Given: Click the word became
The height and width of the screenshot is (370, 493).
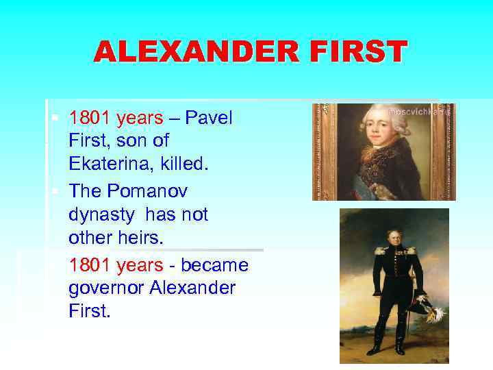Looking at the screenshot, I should (x=212, y=264).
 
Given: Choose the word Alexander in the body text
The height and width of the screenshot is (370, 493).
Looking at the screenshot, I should (x=197, y=288).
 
